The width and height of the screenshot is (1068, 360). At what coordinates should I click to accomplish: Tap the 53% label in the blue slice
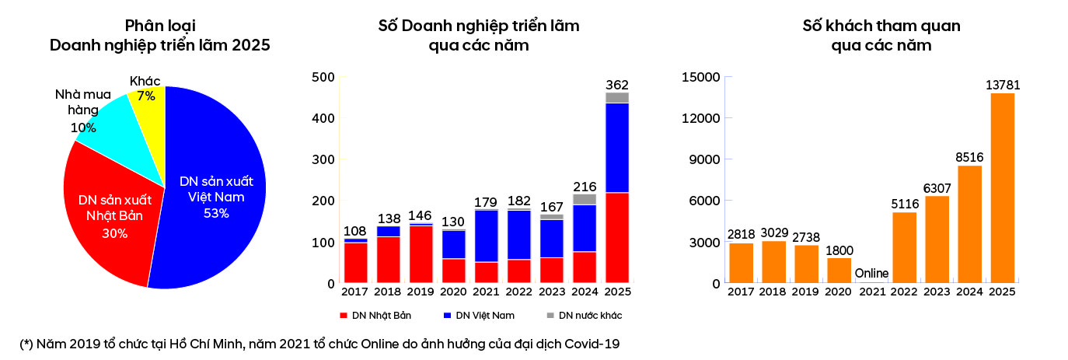[216, 213]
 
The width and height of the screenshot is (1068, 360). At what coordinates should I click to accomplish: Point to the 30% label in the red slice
[114, 232]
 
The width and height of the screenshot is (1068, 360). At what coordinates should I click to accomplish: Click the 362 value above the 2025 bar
[617, 85]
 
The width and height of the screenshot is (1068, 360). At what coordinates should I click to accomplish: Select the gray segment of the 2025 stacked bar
[617, 97]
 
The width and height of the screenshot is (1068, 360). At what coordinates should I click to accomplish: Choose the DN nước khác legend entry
[588, 316]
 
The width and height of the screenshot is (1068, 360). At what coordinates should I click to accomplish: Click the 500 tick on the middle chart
[323, 77]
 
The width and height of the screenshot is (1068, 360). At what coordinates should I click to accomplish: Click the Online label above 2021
[871, 274]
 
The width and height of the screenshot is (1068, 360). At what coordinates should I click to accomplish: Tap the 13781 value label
[1002, 85]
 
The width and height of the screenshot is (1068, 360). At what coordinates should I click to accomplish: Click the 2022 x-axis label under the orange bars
[904, 292]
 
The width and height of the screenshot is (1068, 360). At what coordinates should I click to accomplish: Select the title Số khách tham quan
[881, 26]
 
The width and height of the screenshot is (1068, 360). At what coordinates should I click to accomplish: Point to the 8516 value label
[969, 157]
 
